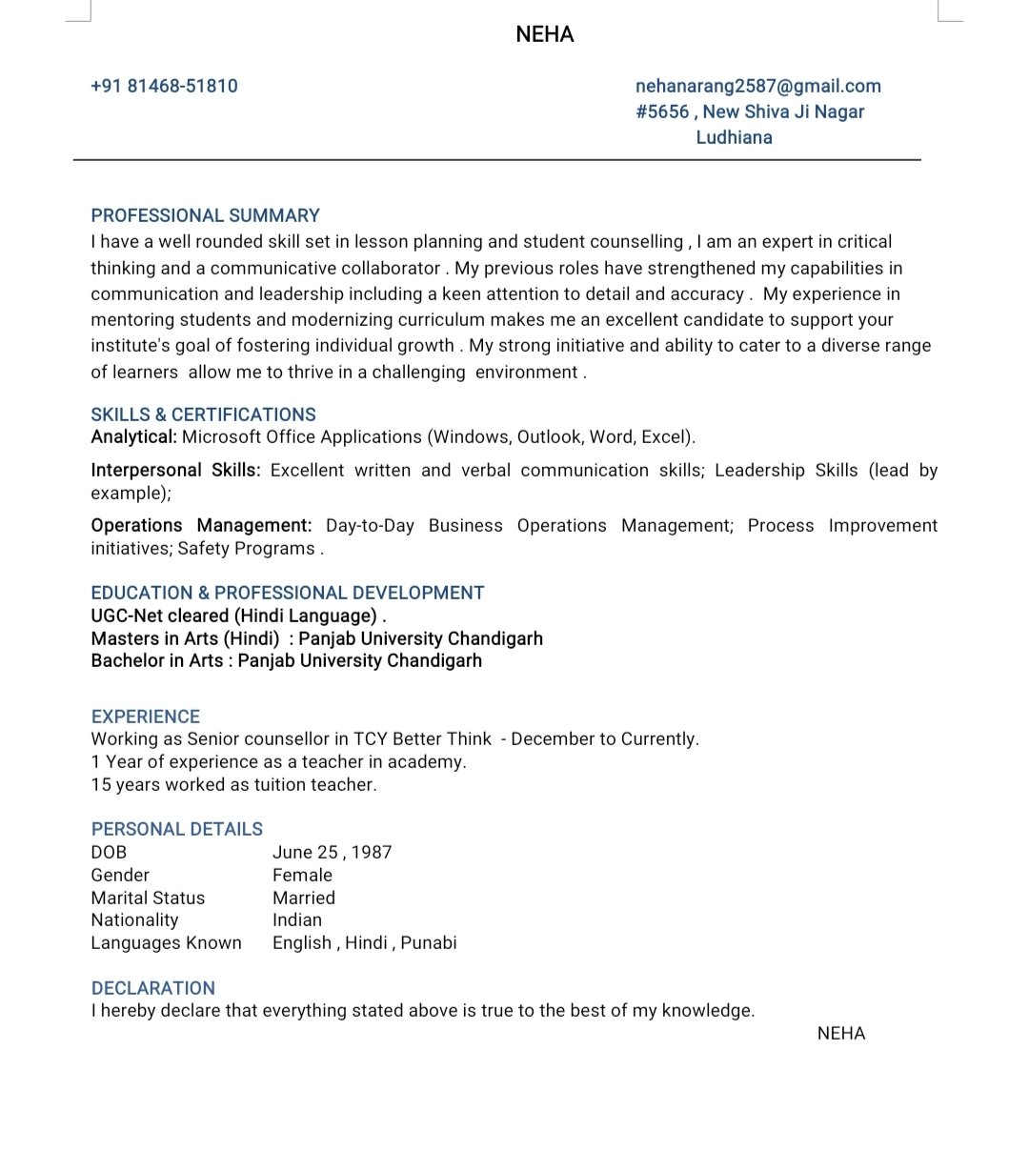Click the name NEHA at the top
pos(544,34)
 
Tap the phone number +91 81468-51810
pos(164,86)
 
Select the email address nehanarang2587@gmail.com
pos(757,86)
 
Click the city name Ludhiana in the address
pos(734,137)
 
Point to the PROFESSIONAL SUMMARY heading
pos(205,215)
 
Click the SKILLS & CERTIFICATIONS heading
pos(203,414)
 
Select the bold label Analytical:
pos(133,437)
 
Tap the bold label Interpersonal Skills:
pos(175,471)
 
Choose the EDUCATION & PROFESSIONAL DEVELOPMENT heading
pos(287,593)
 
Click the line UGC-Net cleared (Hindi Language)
pos(238,616)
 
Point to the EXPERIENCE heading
pos(145,717)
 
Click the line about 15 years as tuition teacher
pos(233,785)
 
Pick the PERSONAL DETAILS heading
pos(176,829)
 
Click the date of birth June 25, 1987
pos(332,853)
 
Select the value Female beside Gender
pos(302,876)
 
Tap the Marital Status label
pos(148,898)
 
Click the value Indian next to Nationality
pos(296,920)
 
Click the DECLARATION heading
pos(152,988)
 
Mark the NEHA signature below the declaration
pos(840,1034)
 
